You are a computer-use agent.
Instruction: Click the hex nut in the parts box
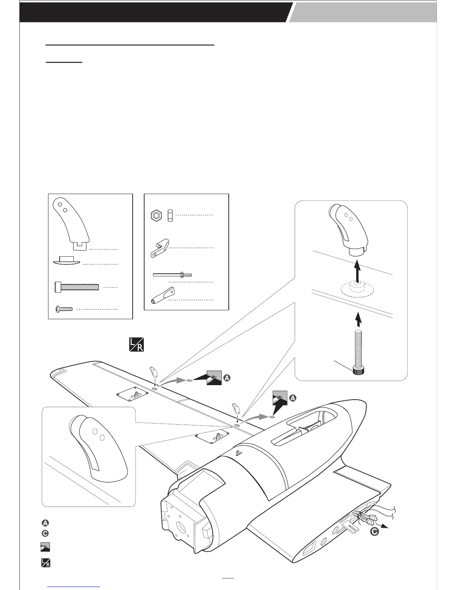click(x=156, y=215)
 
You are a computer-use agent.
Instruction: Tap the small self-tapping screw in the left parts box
click(x=64, y=309)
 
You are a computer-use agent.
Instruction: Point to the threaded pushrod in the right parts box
click(x=172, y=275)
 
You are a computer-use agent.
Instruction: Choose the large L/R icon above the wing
click(x=136, y=344)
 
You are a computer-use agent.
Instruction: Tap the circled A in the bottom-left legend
click(x=45, y=523)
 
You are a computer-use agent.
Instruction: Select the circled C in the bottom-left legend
click(x=45, y=533)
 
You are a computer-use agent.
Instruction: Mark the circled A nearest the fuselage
click(x=293, y=399)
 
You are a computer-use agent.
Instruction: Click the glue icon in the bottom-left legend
click(x=45, y=547)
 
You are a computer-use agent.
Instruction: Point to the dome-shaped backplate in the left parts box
click(x=67, y=260)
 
